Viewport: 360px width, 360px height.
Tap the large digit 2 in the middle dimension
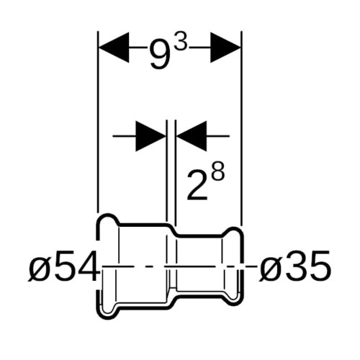point(197,186)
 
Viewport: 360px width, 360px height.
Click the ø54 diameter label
point(63,266)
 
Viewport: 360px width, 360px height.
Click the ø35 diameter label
point(294,266)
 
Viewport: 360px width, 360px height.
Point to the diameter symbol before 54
point(37,268)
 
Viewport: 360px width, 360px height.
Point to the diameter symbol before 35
point(268,268)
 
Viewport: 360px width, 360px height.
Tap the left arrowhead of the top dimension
point(114,48)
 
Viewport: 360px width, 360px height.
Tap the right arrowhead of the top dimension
point(225,48)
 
